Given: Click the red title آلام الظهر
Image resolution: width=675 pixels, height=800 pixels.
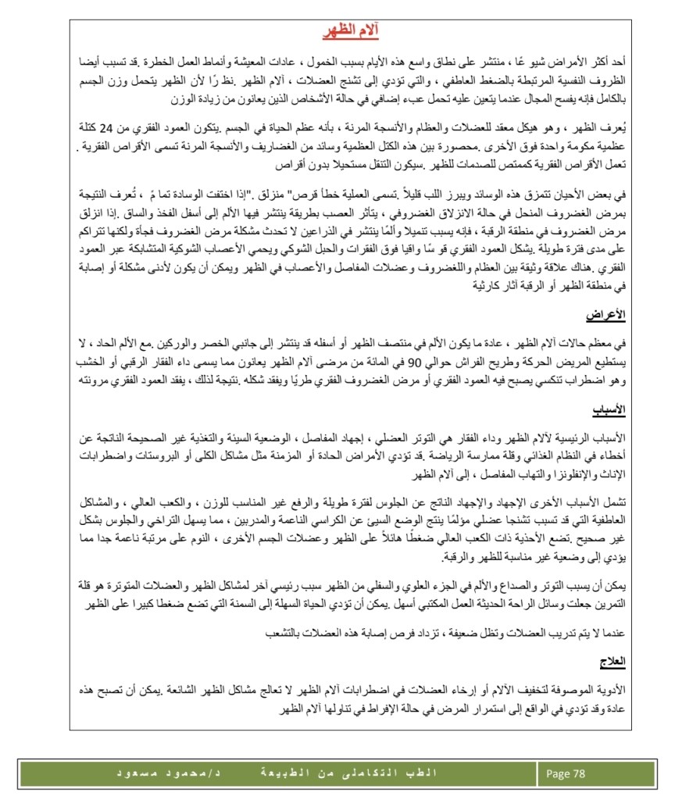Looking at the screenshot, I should (351, 31).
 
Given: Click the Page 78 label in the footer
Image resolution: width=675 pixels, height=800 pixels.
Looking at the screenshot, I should (566, 773).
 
